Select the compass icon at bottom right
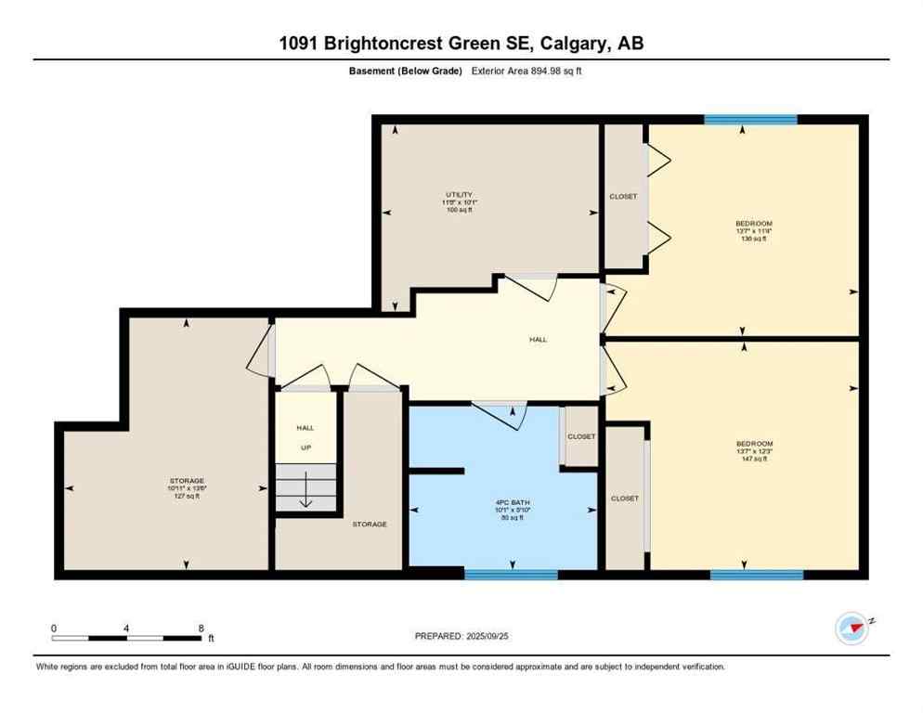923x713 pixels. point(851,628)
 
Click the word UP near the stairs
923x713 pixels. point(305,447)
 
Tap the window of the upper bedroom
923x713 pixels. point(750,119)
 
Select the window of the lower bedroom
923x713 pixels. point(756,575)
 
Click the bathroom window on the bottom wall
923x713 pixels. point(511,575)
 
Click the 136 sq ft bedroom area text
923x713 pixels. point(753,239)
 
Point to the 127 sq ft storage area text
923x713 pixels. point(187,496)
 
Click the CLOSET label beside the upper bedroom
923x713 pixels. point(623,196)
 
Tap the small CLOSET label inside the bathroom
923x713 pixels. point(581,436)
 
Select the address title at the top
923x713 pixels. point(461,43)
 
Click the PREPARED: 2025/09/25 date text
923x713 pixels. point(461,636)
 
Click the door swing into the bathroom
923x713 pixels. point(500,414)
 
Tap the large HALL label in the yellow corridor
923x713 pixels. point(538,340)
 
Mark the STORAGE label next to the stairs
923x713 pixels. point(369,524)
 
